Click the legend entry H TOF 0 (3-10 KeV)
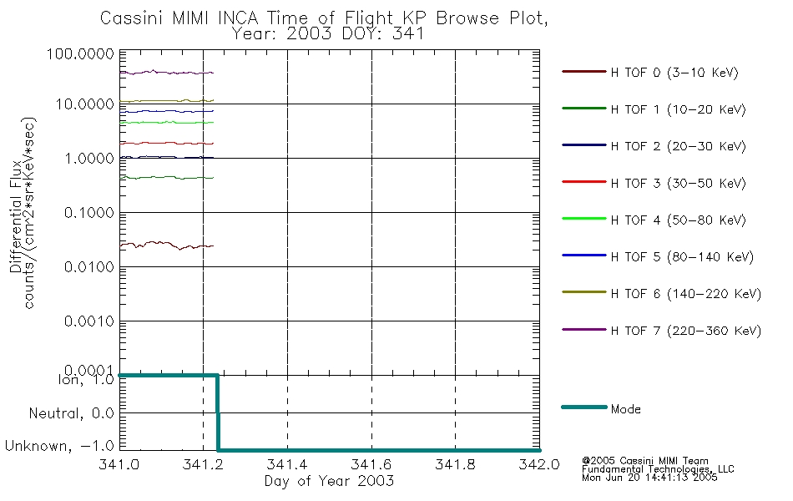tap(674, 73)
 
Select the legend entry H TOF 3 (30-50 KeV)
tap(674, 184)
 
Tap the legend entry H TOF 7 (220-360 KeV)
tap(685, 331)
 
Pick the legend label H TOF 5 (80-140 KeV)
tap(682, 257)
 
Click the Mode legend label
tap(625, 410)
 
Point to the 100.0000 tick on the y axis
tap(82, 54)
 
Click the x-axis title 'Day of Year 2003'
tap(329, 482)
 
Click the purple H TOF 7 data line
tap(167, 73)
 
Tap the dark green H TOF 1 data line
tap(167, 177)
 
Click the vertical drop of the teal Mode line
tap(218, 413)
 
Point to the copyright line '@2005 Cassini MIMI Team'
tap(645, 460)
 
